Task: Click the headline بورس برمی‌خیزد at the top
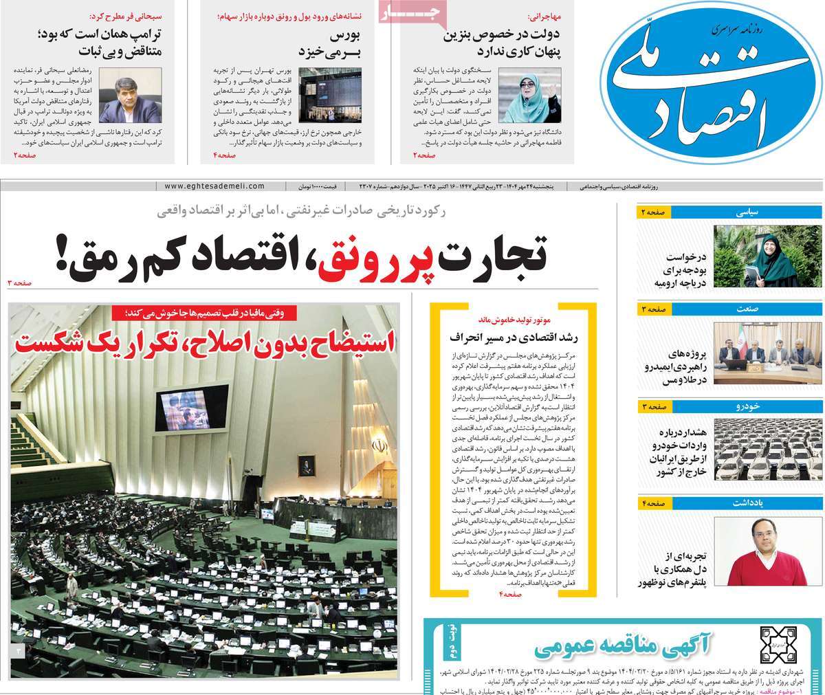[331, 42]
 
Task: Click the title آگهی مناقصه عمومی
[633, 645]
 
